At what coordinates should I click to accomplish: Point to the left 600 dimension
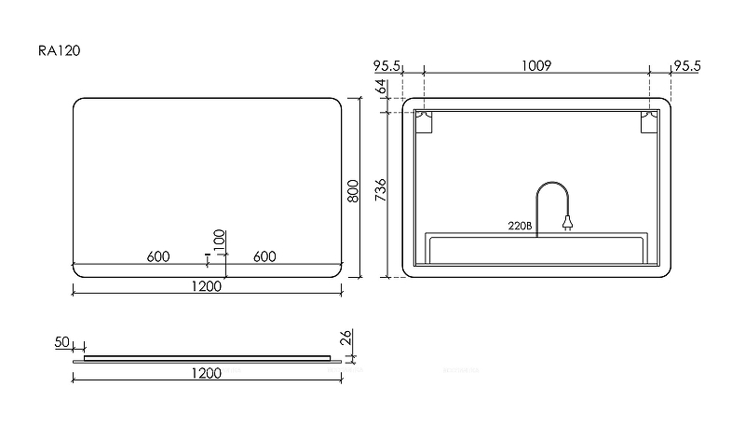(x=158, y=257)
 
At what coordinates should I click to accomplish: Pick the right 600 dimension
(x=264, y=257)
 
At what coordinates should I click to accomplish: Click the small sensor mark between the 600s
(x=208, y=255)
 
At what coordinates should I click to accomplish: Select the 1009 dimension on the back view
(x=536, y=65)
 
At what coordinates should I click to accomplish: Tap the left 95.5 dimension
(x=387, y=65)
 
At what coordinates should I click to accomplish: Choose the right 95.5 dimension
(x=686, y=65)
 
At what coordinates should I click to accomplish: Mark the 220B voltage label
(x=519, y=226)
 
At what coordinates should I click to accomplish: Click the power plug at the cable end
(x=565, y=222)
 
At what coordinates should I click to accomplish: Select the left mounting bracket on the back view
(x=425, y=122)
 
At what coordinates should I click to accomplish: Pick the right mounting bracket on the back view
(x=649, y=122)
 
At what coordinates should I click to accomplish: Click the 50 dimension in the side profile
(x=61, y=343)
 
